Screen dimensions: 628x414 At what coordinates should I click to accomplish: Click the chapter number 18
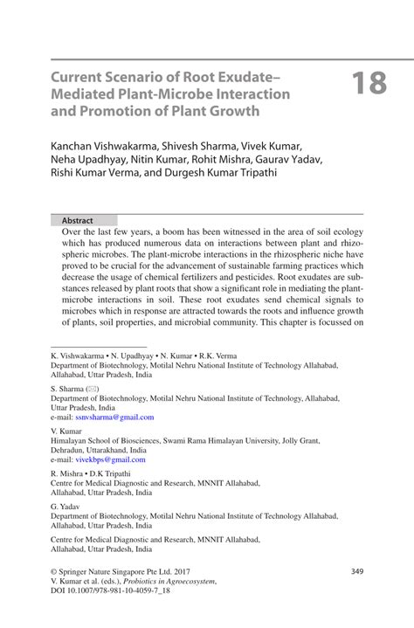[x=369, y=85]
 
